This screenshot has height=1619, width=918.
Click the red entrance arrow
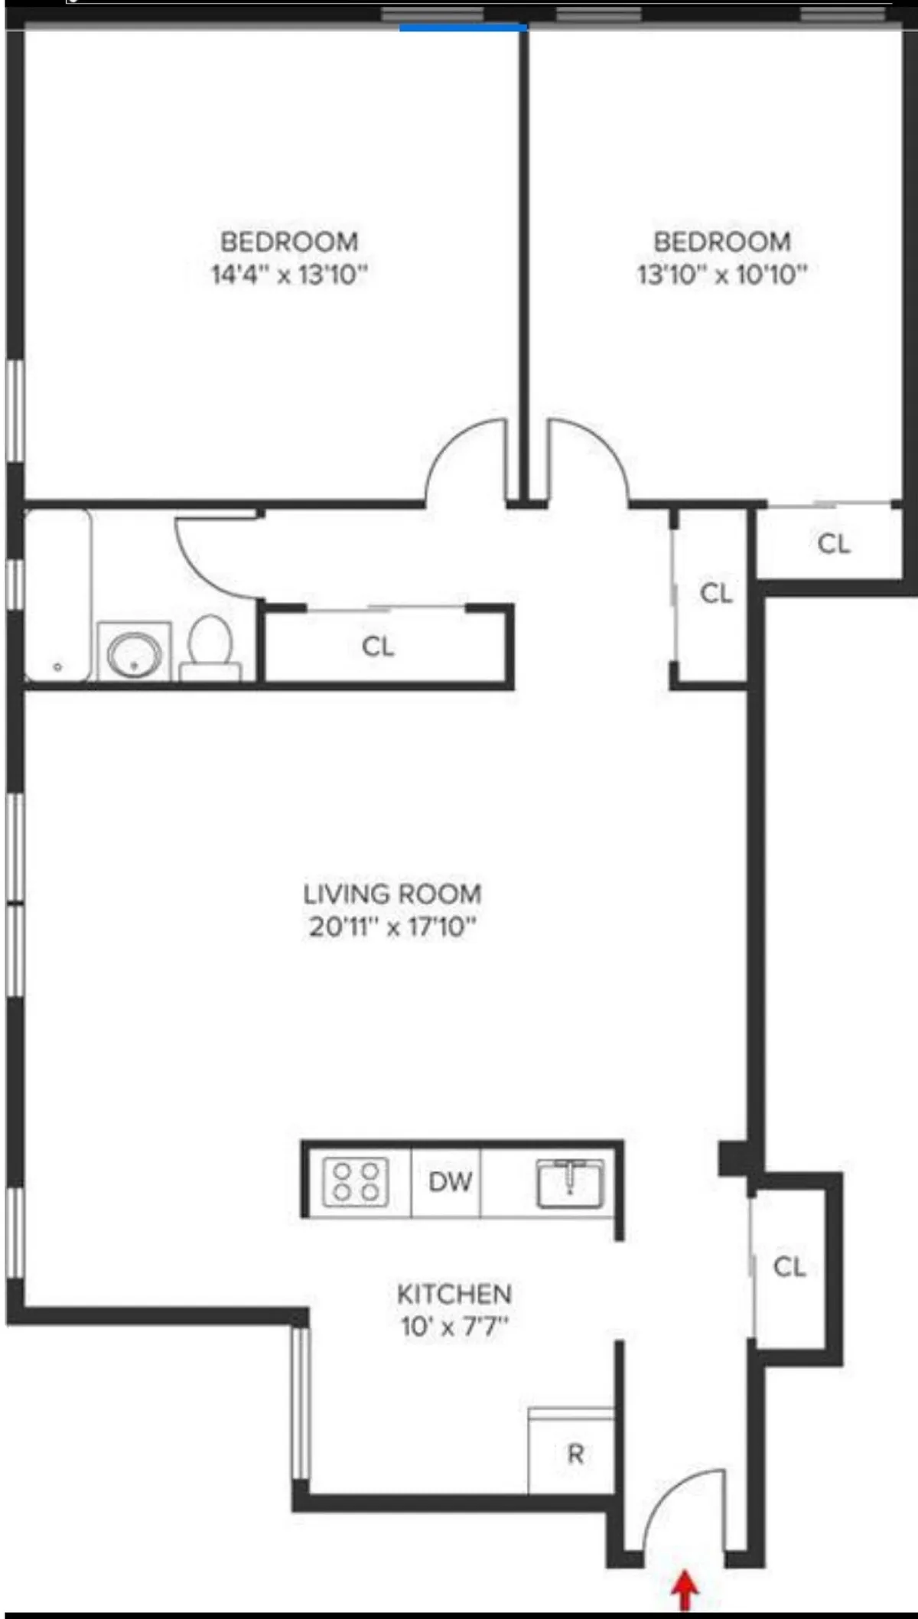click(x=685, y=1590)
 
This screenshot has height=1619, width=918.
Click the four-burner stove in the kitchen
click(x=356, y=1182)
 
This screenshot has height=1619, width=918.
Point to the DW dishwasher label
click(x=450, y=1182)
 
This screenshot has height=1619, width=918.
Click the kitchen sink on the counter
click(x=570, y=1182)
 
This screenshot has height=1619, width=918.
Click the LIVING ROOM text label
click(x=392, y=894)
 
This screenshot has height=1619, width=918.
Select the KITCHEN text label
click(x=454, y=1294)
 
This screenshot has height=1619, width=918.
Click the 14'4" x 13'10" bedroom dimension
click(x=289, y=274)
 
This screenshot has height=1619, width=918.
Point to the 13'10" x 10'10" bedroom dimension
click(x=722, y=274)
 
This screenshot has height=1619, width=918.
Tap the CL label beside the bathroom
click(x=378, y=647)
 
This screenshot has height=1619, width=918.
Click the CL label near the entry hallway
click(x=789, y=1267)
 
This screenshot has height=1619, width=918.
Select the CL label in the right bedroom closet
click(x=834, y=544)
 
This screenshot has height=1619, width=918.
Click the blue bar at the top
click(x=463, y=28)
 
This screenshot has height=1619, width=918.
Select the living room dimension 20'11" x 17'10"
click(x=392, y=927)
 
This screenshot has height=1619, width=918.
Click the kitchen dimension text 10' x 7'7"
click(x=454, y=1327)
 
